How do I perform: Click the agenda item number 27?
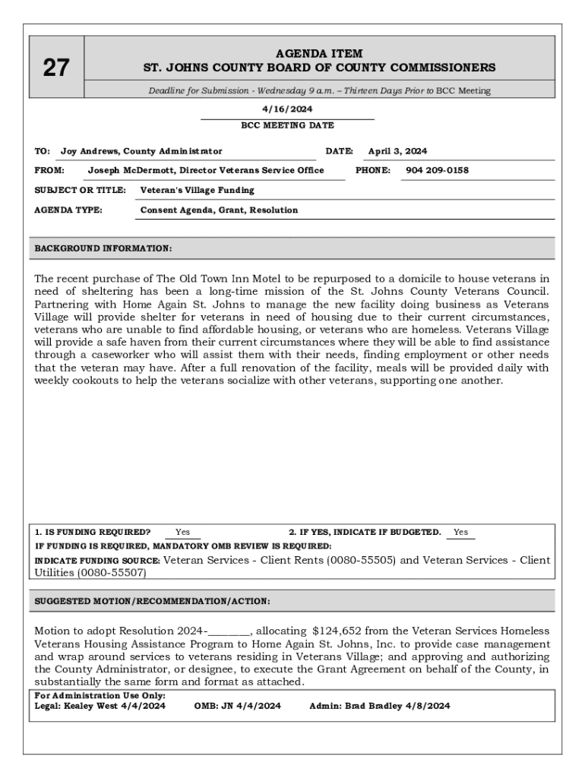[55, 68]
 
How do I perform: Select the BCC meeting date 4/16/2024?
[287, 109]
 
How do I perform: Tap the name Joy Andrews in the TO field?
[90, 151]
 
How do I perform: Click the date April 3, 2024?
[397, 151]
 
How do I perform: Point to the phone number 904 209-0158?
[437, 170]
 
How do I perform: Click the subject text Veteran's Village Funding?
[198, 190]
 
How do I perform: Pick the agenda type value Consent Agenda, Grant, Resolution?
[220, 210]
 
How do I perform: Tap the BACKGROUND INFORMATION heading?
[103, 248]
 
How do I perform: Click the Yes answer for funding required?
[182, 533]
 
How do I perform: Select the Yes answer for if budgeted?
[460, 533]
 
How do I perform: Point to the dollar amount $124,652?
[340, 631]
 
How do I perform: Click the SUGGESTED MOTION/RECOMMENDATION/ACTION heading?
[152, 601]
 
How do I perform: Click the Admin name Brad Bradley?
[368, 706]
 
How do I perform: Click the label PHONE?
[373, 170]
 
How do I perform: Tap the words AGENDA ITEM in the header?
[319, 54]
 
